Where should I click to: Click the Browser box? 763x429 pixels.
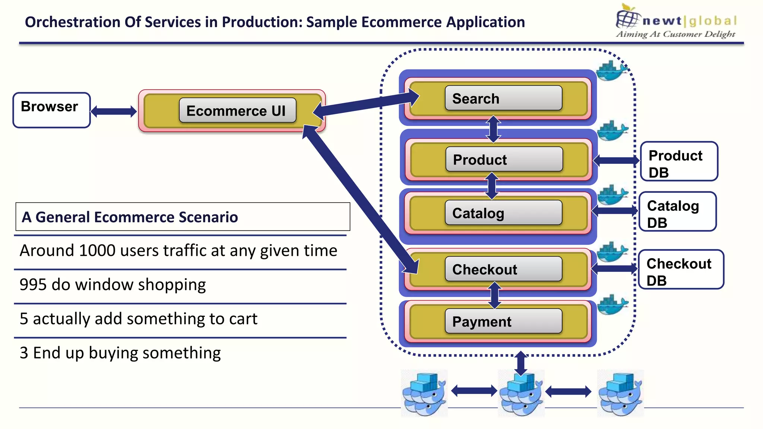coord(51,110)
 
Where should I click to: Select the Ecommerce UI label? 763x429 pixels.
coord(237,111)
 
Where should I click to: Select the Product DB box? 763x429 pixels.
coord(679,162)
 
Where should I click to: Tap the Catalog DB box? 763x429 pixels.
coord(677,212)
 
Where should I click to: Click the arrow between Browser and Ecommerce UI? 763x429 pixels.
coord(114,111)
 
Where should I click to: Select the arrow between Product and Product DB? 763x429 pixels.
coord(616,161)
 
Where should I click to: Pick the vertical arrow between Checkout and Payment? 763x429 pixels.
coord(495,295)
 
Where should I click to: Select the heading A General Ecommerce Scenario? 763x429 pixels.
coord(130,217)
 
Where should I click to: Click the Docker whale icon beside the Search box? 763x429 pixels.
coord(611,70)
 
